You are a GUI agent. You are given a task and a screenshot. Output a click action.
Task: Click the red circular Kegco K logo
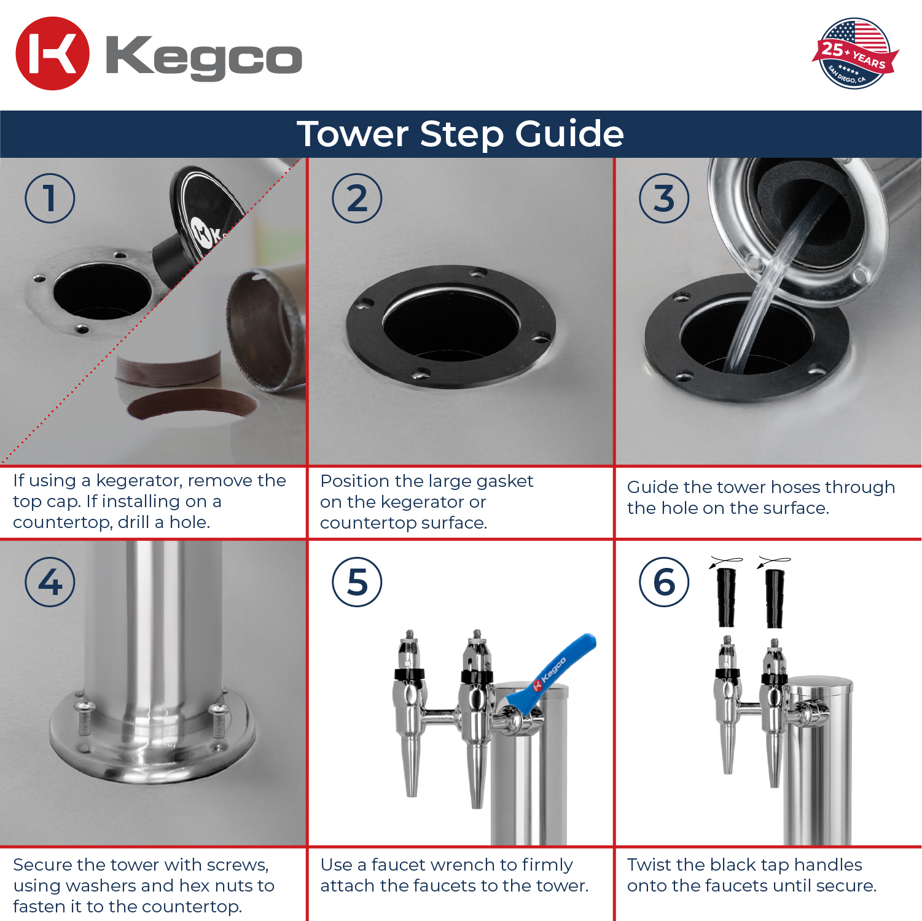coord(52,53)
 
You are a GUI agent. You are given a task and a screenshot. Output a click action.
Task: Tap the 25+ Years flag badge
coord(856,53)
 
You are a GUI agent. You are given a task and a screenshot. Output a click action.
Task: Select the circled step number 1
coord(50,198)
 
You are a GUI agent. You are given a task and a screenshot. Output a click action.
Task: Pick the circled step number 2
coord(357,198)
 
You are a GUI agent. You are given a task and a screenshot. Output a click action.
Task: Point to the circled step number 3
coord(664,198)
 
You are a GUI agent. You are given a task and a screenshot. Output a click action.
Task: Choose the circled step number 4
coord(50,582)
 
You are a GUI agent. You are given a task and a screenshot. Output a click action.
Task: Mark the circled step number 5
coord(357,582)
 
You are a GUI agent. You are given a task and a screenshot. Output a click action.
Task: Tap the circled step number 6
coord(664,582)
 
